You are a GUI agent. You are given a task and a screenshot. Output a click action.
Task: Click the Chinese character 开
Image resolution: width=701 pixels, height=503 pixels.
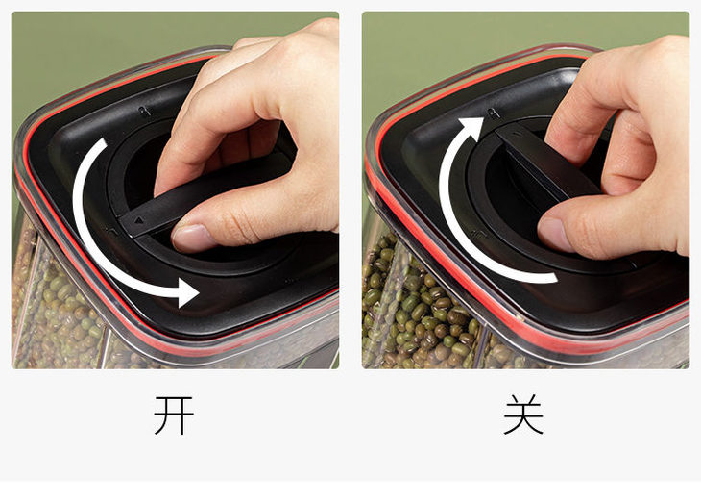click(174, 415)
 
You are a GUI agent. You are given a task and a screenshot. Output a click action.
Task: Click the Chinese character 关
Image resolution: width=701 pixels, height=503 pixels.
click(523, 415)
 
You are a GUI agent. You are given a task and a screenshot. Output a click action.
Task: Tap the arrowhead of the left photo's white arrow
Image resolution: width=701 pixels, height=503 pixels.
click(188, 292)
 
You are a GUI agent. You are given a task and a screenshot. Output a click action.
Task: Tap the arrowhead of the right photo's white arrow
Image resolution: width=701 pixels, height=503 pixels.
click(471, 128)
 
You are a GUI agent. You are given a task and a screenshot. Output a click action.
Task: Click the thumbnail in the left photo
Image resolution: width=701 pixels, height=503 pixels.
click(191, 237)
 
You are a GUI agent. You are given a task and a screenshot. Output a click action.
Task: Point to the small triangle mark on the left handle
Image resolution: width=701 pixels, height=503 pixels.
click(139, 220)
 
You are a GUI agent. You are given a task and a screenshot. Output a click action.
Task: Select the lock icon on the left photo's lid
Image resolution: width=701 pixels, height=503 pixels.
click(143, 111)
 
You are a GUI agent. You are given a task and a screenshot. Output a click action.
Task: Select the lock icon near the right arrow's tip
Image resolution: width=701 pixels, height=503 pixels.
click(494, 113)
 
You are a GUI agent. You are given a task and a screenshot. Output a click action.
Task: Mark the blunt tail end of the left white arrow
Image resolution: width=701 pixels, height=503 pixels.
click(103, 142)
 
